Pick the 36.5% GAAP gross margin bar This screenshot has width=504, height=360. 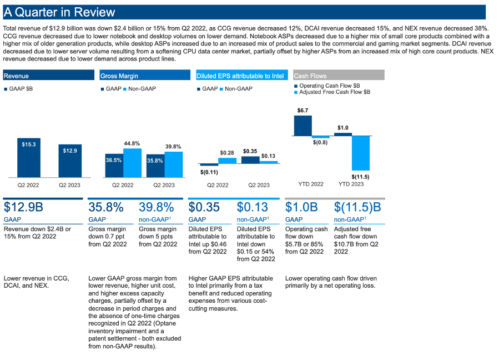coord(114,165)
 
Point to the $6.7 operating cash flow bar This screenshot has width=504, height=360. coord(303,126)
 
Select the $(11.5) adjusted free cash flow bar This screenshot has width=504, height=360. coord(361,153)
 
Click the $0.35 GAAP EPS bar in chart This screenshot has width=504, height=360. coord(250,159)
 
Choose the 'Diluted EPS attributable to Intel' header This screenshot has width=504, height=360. coord(240,76)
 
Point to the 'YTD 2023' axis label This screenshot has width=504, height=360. coord(351,184)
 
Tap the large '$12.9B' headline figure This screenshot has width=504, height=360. coord(23,208)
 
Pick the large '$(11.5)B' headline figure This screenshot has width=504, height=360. coord(358,208)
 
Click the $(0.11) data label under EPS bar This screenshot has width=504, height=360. coord(209,172)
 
